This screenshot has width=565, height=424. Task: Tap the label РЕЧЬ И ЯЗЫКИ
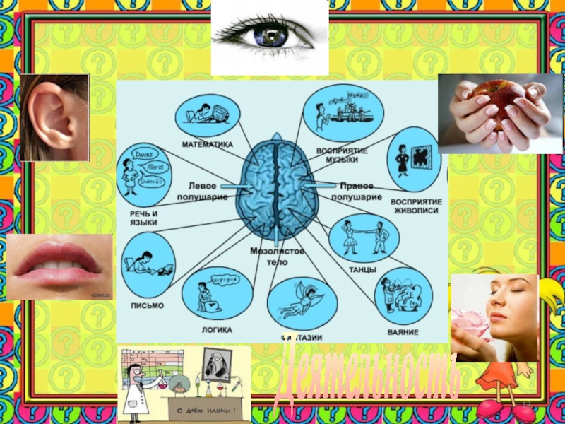(x=143, y=217)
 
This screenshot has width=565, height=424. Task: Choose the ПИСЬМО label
(x=146, y=305)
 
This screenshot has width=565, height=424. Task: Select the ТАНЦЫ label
(x=362, y=270)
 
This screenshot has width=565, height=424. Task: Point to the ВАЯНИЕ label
(x=403, y=331)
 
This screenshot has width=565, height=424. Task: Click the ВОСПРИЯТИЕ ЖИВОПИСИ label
(x=417, y=206)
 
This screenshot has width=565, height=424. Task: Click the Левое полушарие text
(x=207, y=191)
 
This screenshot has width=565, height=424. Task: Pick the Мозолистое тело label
(x=278, y=256)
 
